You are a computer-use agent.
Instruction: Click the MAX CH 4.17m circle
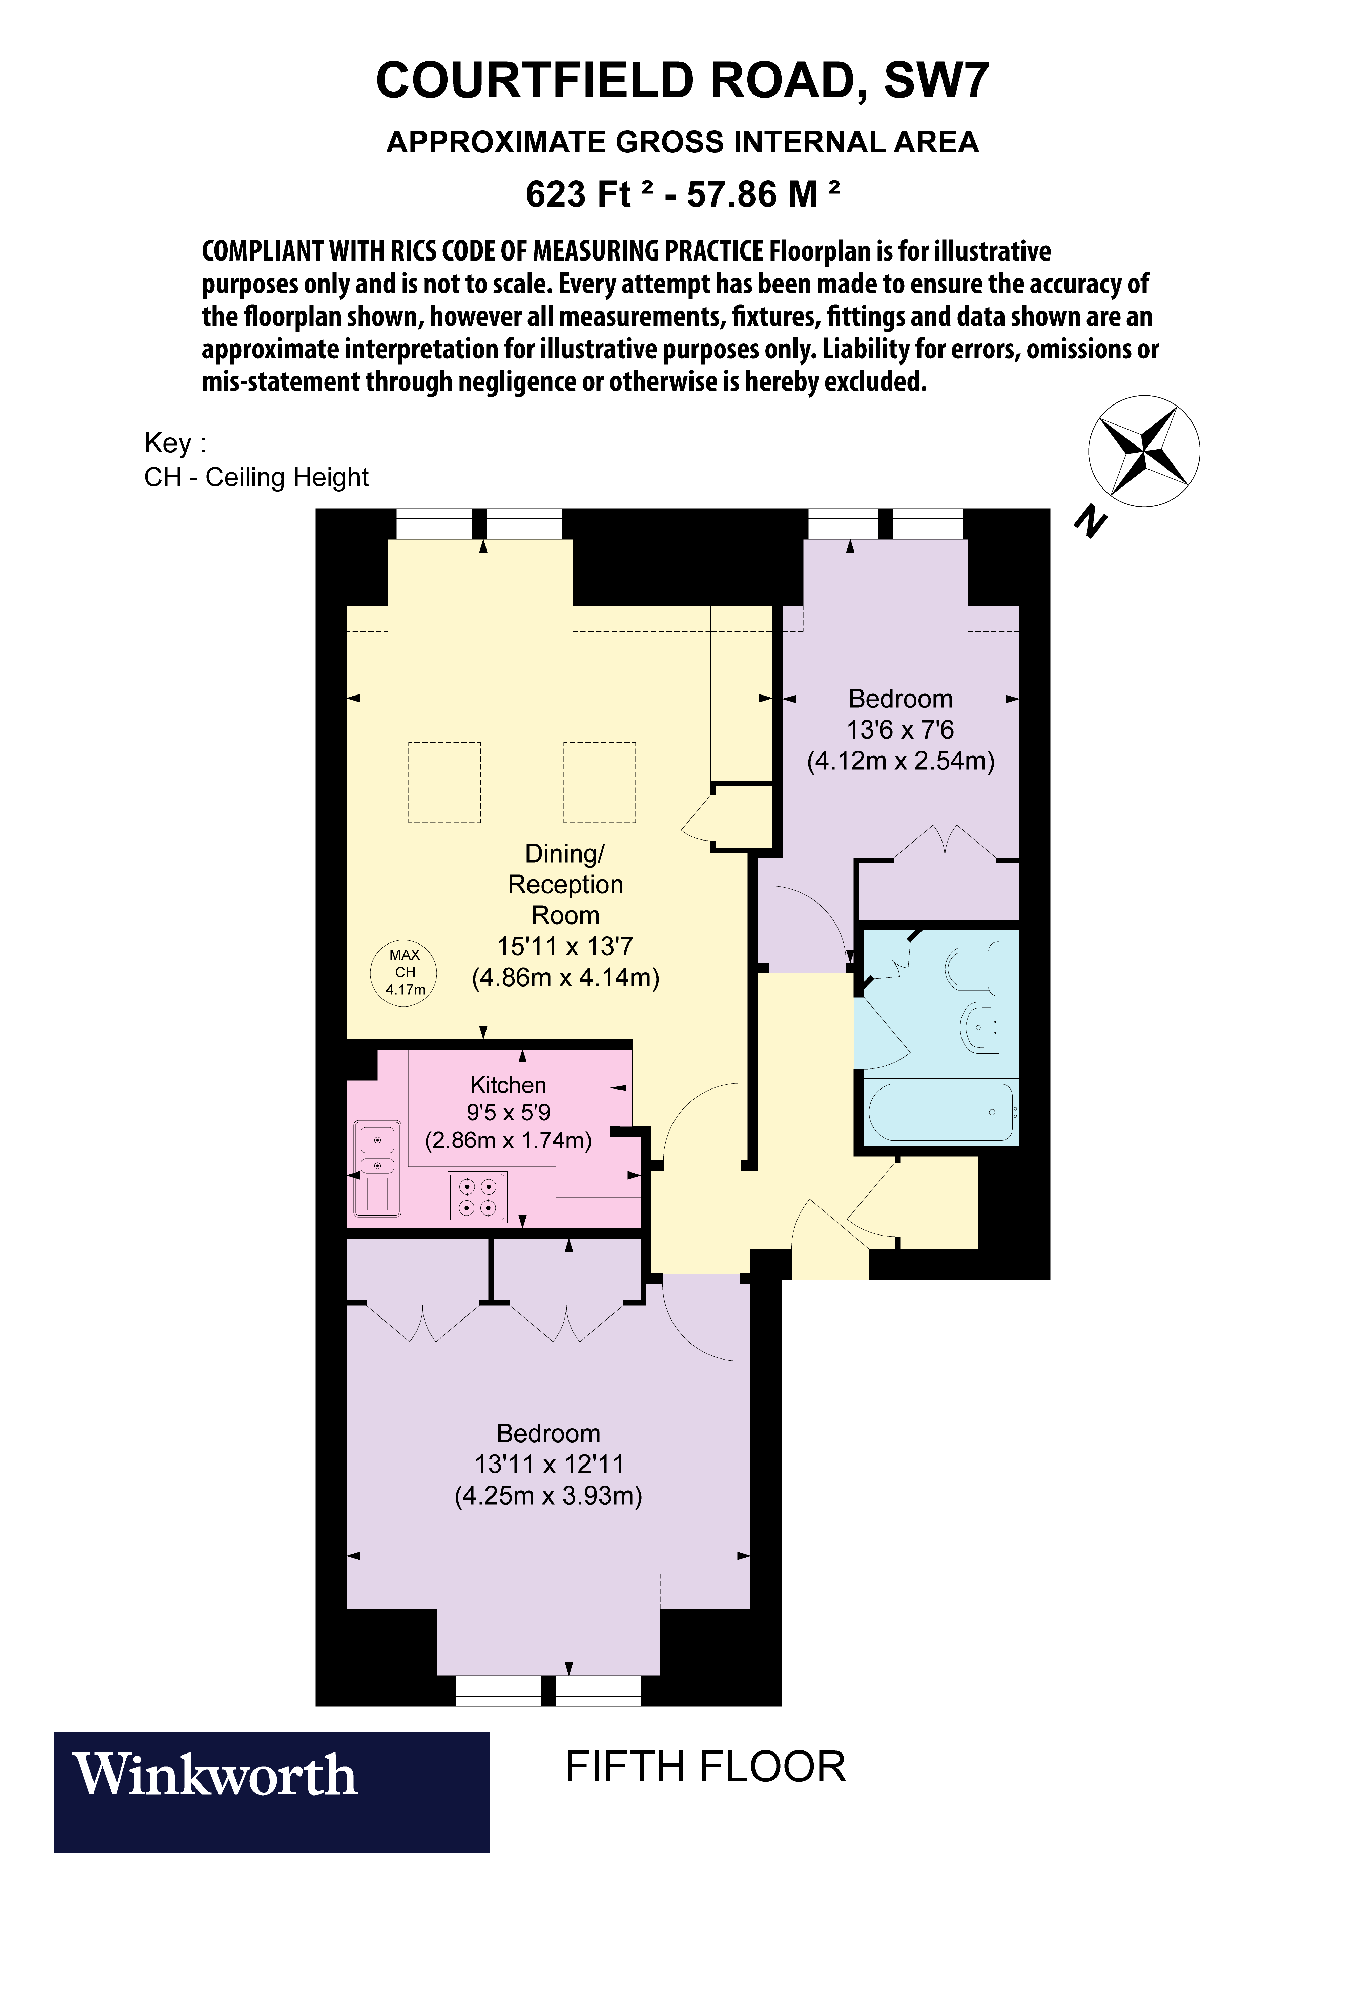pos(403,972)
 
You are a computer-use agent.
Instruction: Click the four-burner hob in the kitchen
pos(477,1198)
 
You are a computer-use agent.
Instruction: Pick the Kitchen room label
pos(508,1085)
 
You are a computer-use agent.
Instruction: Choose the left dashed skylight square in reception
pos(444,782)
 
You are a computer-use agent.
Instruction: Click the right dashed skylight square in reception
pos(599,782)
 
